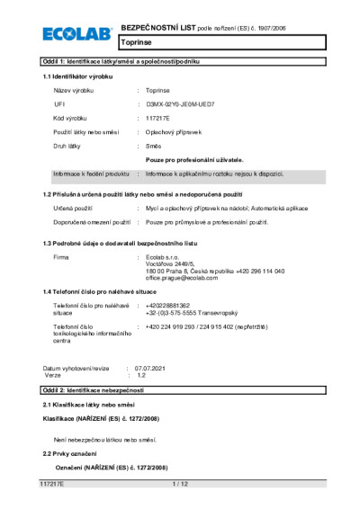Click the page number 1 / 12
pyautogui.click(x=180, y=484)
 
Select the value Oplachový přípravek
pyautogui.click(x=172, y=132)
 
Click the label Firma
pyautogui.click(x=61, y=257)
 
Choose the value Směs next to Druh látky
pyautogui.click(x=155, y=145)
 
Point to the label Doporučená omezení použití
pyautogui.click(x=94, y=220)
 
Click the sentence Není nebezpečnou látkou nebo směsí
pyautogui.click(x=105, y=439)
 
